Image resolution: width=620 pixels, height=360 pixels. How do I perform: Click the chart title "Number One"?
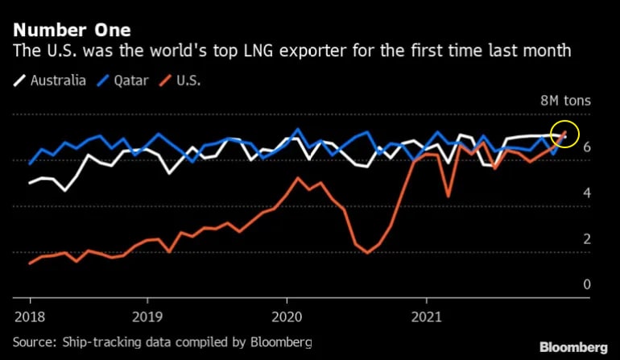pos(71,30)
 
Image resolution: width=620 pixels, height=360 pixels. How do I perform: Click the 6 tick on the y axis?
pos(588,147)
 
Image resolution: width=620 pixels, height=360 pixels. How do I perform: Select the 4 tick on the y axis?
pos(588,193)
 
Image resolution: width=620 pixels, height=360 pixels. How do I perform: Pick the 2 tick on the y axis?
pos(588,239)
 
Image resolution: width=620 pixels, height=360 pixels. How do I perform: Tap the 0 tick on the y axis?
pos(588,284)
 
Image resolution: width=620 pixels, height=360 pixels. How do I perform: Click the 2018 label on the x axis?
pos(29,314)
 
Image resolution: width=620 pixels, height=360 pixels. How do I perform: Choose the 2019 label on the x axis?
pos(147,314)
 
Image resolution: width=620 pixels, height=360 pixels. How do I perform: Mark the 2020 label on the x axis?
pos(287,314)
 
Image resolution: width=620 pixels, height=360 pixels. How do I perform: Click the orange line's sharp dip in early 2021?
pos(448,196)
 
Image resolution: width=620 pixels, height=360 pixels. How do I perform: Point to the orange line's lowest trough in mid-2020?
pos(367,252)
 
